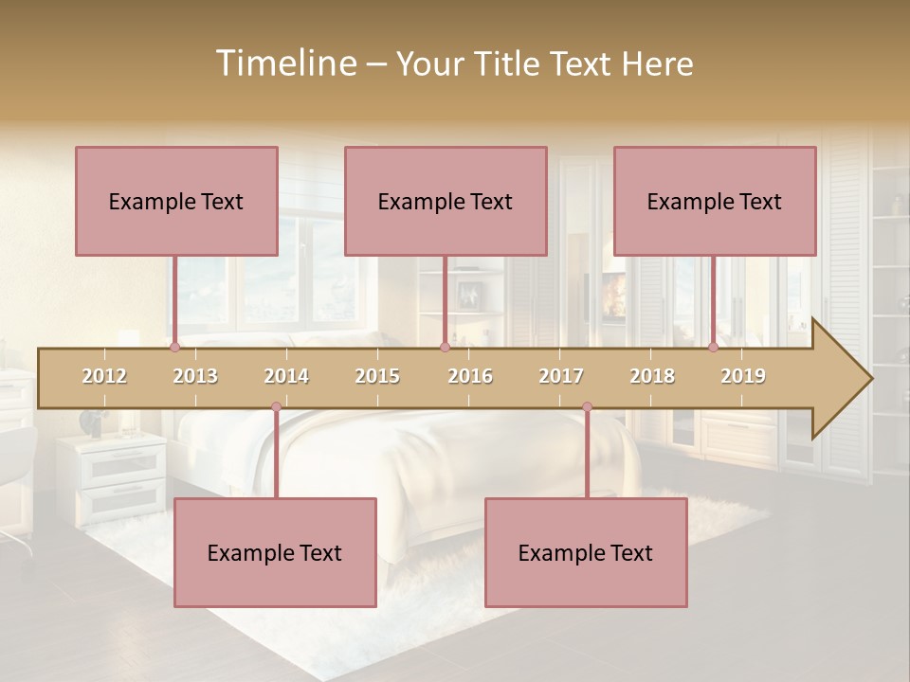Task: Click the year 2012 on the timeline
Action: point(104,376)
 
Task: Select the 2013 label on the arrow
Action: point(195,376)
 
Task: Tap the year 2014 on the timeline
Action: point(286,376)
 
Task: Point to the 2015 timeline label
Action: point(377,376)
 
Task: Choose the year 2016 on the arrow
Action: point(470,376)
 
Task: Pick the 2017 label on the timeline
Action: point(561,376)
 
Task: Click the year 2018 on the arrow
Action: point(652,376)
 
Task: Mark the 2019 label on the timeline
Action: point(743,376)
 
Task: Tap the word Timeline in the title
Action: point(284,63)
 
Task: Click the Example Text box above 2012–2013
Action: point(176,201)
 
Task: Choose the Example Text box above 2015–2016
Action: point(446,201)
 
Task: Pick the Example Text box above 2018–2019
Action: point(715,201)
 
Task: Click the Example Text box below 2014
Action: point(275,552)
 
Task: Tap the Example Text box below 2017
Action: point(586,552)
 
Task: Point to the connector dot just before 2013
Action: point(174,347)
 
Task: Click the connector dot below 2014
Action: point(276,407)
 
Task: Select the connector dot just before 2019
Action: point(713,347)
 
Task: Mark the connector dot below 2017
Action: point(587,407)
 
